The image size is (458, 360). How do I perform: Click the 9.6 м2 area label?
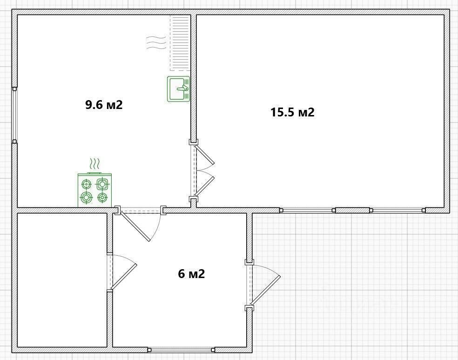coord(104,105)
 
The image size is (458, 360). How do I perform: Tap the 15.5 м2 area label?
coord(292,112)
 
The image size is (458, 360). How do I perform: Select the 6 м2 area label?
coord(191,274)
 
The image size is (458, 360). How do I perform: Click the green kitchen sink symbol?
coord(178,89)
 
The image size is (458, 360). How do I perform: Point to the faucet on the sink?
coord(183,88)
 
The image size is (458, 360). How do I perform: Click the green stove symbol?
coord(94,190)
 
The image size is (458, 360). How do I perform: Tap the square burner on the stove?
coord(102,184)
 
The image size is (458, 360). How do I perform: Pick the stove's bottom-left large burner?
coord(87,198)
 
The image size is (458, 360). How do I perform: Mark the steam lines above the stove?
coord(94,164)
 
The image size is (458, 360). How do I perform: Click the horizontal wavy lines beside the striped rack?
coord(156,43)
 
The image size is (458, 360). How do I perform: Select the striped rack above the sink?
coord(180,43)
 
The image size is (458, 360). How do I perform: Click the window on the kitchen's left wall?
coord(14,115)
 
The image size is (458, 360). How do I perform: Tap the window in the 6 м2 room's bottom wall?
coord(182,349)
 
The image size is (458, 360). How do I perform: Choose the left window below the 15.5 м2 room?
coord(307,210)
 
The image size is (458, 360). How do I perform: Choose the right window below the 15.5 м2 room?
coord(397,210)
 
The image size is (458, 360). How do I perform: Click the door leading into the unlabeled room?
coord(121,272)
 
